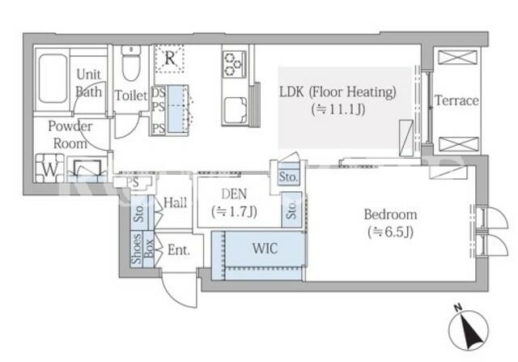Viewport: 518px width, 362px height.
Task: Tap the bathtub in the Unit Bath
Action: pos(53,79)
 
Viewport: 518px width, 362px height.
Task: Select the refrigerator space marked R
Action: pos(169,58)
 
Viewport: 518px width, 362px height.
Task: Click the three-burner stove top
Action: pos(234,64)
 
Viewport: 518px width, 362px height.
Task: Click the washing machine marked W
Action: pos(49,169)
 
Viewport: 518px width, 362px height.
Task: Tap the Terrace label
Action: pos(456,100)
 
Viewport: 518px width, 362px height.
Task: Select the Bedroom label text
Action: pos(390,215)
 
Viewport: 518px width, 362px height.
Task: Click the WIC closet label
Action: pos(265,249)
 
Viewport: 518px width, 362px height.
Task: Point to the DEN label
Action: pos(234,194)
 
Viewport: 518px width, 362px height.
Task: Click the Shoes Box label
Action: pos(142,249)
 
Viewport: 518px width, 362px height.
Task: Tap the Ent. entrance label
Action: pos(179,250)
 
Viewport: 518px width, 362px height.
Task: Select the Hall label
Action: pos(176,202)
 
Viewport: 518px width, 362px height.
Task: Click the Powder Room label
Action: pos(70,134)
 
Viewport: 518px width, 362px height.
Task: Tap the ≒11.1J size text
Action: pos(338,109)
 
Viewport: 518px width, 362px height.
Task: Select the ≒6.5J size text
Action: pos(390,232)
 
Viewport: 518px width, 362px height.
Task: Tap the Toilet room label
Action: pos(131,96)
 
